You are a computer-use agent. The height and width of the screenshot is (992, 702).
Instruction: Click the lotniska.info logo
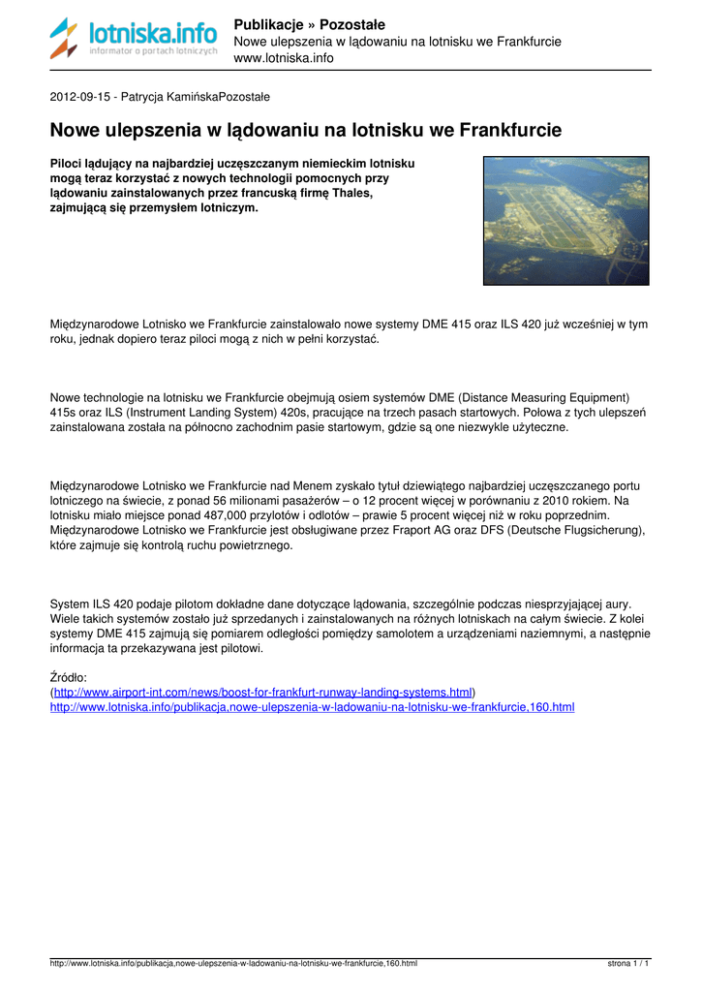[134, 39]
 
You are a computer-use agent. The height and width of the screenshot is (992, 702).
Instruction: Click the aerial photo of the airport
[566, 221]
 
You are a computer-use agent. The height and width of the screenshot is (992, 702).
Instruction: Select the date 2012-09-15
[81, 97]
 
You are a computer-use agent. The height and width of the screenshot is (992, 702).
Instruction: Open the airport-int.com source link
[263, 693]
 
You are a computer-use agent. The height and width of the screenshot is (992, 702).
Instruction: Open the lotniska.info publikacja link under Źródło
[312, 707]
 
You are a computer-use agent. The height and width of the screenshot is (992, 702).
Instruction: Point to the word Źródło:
[68, 678]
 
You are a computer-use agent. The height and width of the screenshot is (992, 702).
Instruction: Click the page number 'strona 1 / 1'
[628, 964]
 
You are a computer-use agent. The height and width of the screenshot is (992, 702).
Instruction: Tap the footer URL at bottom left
[233, 964]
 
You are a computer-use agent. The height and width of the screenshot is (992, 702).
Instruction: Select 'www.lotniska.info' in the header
[284, 58]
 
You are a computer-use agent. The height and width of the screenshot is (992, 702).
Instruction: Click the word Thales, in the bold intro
[351, 193]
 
